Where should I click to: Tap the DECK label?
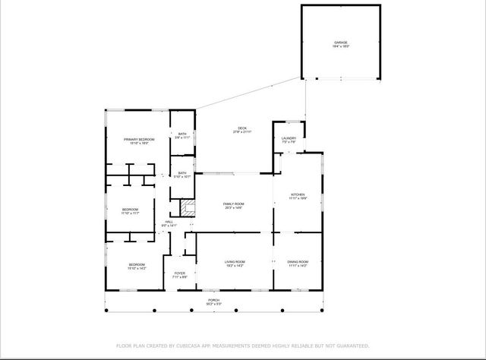pyautogui.click(x=242, y=128)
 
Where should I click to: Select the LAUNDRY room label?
pyautogui.click(x=289, y=138)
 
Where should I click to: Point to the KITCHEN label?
pyautogui.click(x=297, y=194)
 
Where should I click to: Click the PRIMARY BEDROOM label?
pyautogui.click(x=139, y=139)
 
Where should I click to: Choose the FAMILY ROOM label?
pyautogui.click(x=233, y=204)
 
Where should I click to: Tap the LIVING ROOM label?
pyautogui.click(x=235, y=262)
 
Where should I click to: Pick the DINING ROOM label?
pyautogui.click(x=298, y=262)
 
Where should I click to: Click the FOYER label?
pyautogui.click(x=179, y=273)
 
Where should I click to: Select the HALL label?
pyautogui.click(x=169, y=222)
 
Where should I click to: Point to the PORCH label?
pyautogui.click(x=214, y=300)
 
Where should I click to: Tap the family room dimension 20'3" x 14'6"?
pyautogui.click(x=233, y=208)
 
